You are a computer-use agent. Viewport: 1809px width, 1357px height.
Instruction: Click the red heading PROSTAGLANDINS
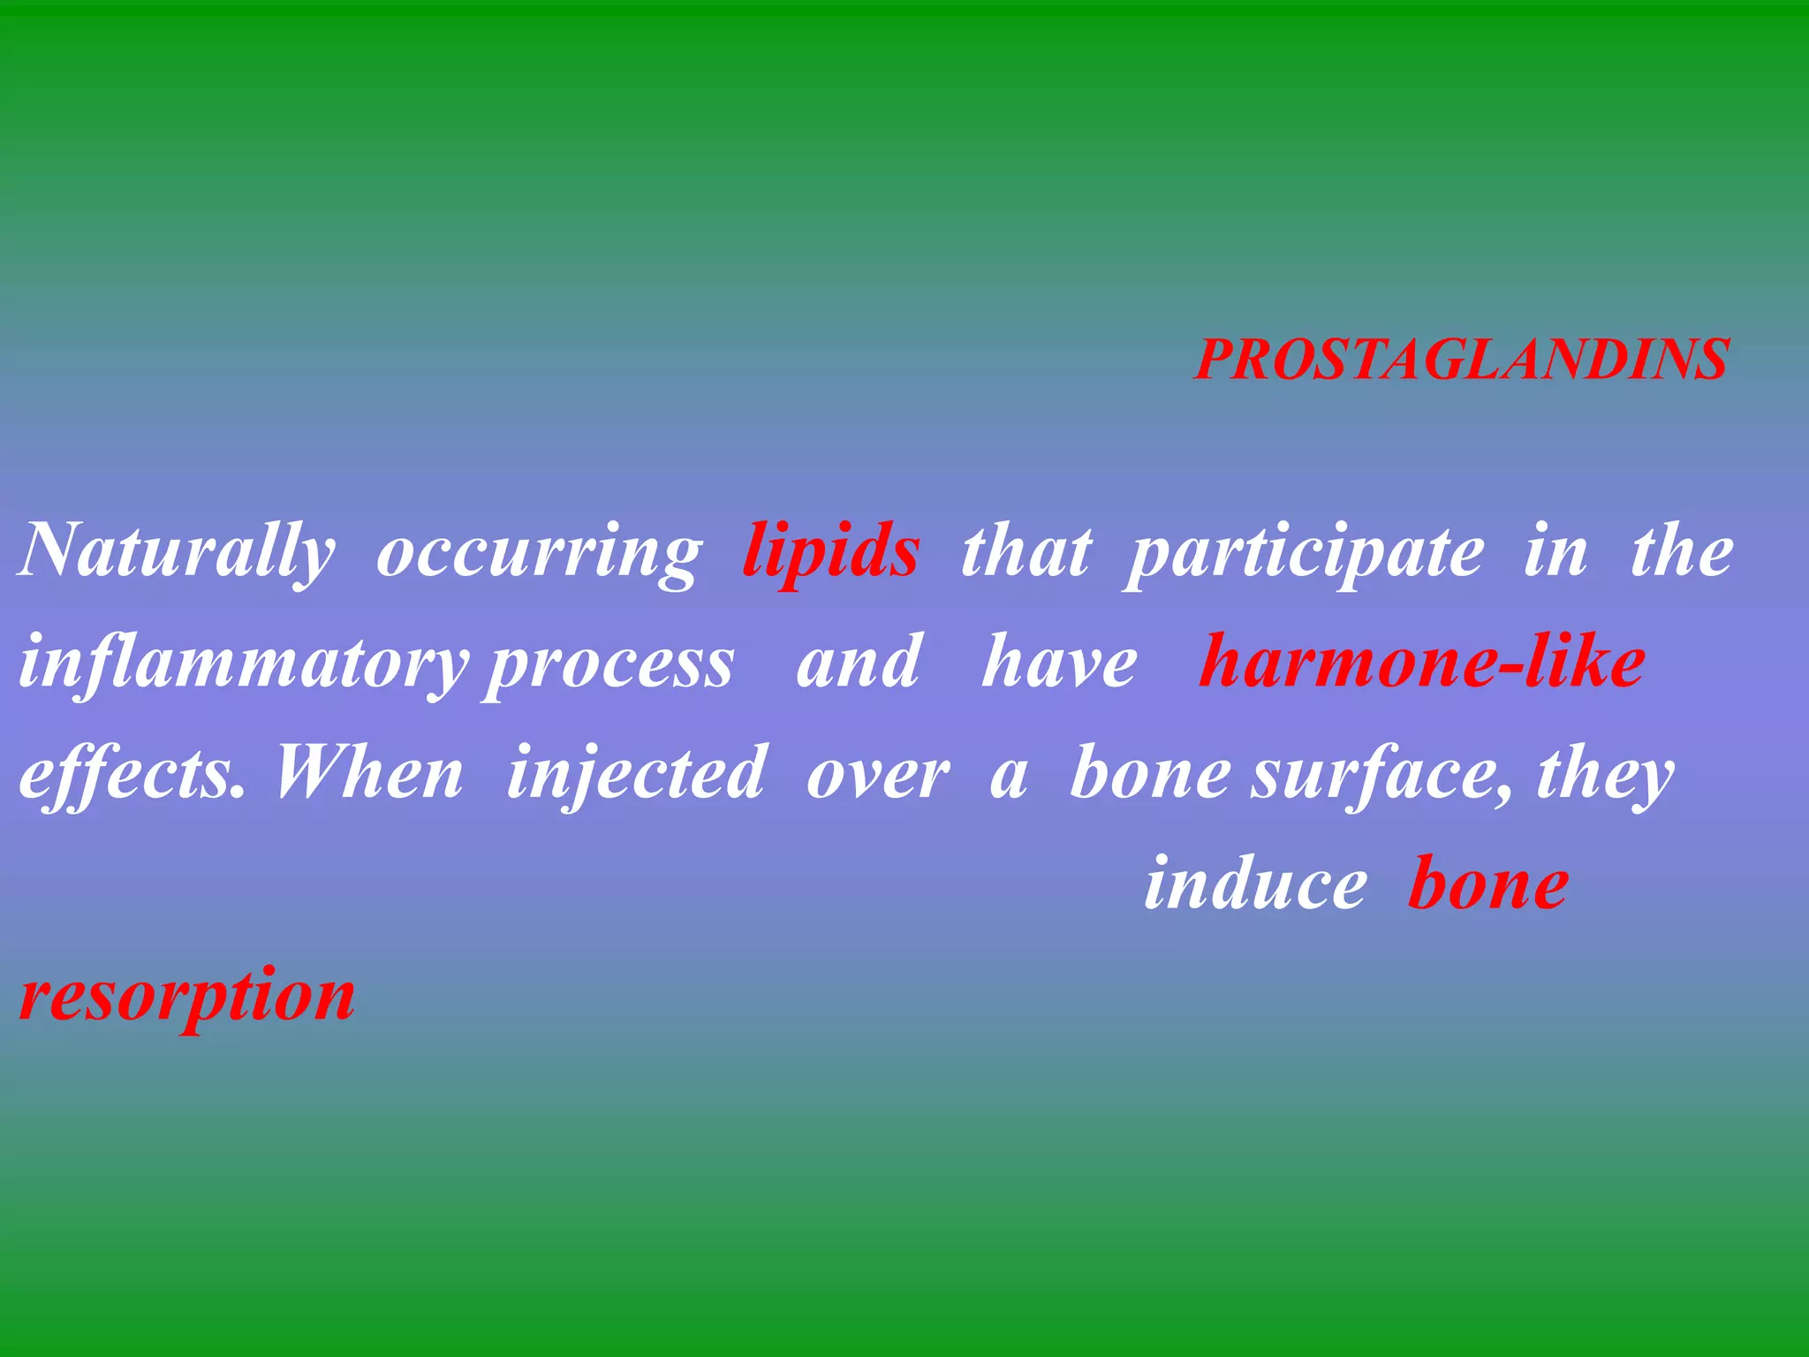coord(1461,360)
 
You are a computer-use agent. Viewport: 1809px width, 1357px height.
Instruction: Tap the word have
coord(1059,663)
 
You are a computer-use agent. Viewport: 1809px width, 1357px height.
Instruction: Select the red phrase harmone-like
coord(1421,663)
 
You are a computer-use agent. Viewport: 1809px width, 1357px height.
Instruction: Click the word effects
coord(132,774)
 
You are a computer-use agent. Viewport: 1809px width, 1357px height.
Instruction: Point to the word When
coord(368,774)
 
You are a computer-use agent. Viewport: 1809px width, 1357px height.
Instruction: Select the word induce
coord(1255,884)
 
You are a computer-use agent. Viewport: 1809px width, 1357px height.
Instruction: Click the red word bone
coord(1488,884)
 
